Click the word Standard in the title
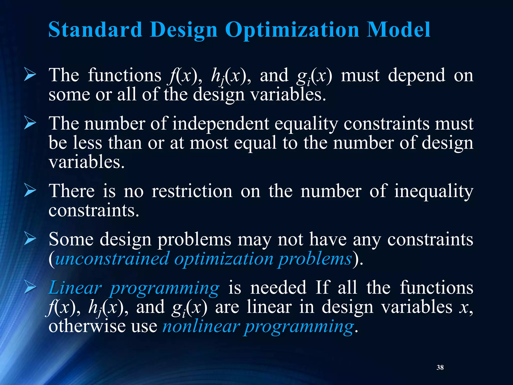click(95, 30)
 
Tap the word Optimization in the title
click(292, 30)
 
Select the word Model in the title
click(398, 30)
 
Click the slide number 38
click(440, 367)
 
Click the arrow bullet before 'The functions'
click(30, 75)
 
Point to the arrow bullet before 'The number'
click(30, 124)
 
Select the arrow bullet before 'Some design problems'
click(30, 239)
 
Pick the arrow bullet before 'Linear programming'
click(30, 288)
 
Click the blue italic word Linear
click(75, 288)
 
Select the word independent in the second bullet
click(221, 124)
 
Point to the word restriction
click(192, 191)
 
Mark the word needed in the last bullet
click(278, 288)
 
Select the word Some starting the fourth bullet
click(71, 239)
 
